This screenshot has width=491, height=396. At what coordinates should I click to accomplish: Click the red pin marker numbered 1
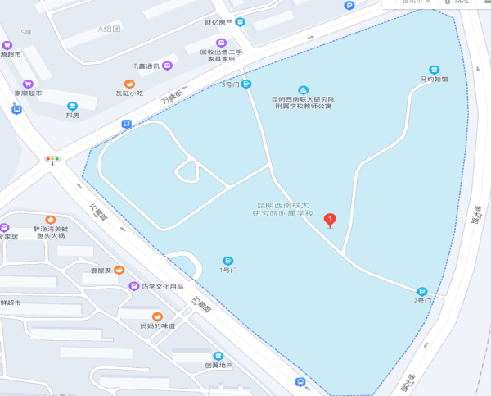[x=330, y=219]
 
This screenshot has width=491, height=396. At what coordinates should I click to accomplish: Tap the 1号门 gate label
[x=228, y=270]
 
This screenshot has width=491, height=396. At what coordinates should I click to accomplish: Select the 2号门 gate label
[x=421, y=301]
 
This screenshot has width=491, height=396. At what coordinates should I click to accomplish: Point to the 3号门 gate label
[x=230, y=84]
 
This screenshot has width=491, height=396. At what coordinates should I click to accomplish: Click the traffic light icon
[x=53, y=157]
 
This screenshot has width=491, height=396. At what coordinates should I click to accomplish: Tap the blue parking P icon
[x=349, y=6]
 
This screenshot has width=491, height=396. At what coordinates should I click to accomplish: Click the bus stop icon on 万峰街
[x=127, y=124]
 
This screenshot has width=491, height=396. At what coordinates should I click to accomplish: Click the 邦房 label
[x=72, y=115]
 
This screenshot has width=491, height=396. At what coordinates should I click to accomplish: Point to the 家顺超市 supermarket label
[x=28, y=93]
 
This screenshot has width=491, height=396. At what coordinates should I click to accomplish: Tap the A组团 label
[x=109, y=29]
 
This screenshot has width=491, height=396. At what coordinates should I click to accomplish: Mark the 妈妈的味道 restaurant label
[x=157, y=325]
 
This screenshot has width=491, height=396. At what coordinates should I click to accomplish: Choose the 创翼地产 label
[x=218, y=365]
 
